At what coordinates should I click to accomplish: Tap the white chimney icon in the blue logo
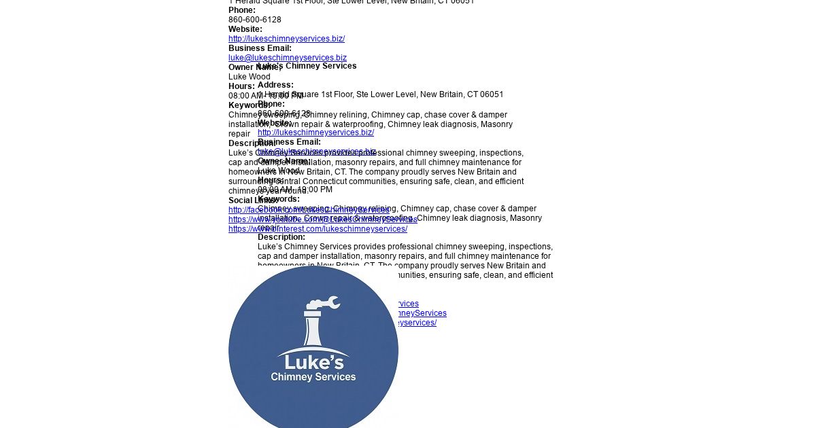pyautogui.click(x=313, y=329)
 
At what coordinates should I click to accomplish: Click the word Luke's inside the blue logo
pyautogui.click(x=313, y=361)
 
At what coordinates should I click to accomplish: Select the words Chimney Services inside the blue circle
pyautogui.click(x=313, y=377)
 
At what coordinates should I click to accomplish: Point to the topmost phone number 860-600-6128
pyautogui.click(x=255, y=20)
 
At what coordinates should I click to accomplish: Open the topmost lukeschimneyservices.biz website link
pyautogui.click(x=286, y=39)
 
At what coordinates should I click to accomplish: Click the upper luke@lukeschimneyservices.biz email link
pyautogui.click(x=288, y=58)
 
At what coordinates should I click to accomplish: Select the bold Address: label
pyautogui.click(x=275, y=85)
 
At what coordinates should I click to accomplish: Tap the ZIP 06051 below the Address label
pyautogui.click(x=492, y=94)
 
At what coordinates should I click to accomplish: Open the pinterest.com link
pyautogui.click(x=318, y=229)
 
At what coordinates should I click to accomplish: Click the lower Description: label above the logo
pyautogui.click(x=282, y=237)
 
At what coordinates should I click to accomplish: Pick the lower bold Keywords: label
pyautogui.click(x=279, y=199)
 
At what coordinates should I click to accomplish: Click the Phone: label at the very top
pyautogui.click(x=242, y=10)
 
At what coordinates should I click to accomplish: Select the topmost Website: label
pyautogui.click(x=245, y=29)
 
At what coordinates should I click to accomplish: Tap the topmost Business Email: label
pyautogui.click(x=260, y=48)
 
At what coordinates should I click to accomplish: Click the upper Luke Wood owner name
pyautogui.click(x=249, y=77)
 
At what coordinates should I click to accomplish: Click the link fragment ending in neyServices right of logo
pyautogui.click(x=422, y=313)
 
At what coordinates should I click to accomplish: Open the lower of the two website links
pyautogui.click(x=316, y=132)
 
